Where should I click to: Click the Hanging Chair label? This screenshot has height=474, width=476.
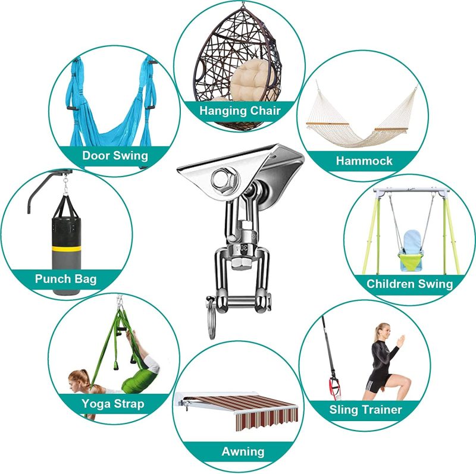point(240,111)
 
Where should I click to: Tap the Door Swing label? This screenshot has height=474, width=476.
point(115,156)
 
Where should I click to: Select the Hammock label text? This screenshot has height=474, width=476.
point(364,161)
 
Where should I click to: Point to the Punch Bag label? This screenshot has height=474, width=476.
point(65,279)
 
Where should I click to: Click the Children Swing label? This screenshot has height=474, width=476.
point(409,284)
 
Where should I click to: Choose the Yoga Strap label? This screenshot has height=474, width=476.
point(112,404)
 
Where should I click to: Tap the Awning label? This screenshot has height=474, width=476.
point(243,451)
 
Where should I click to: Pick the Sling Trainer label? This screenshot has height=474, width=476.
point(365,410)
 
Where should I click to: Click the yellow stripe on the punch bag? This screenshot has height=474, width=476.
point(67,249)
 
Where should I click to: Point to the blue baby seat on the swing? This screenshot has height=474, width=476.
point(412,249)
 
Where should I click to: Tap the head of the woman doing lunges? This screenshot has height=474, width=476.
point(383,331)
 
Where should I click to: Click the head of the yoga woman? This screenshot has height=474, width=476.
point(78,381)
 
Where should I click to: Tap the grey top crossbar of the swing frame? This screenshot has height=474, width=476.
point(411,191)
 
